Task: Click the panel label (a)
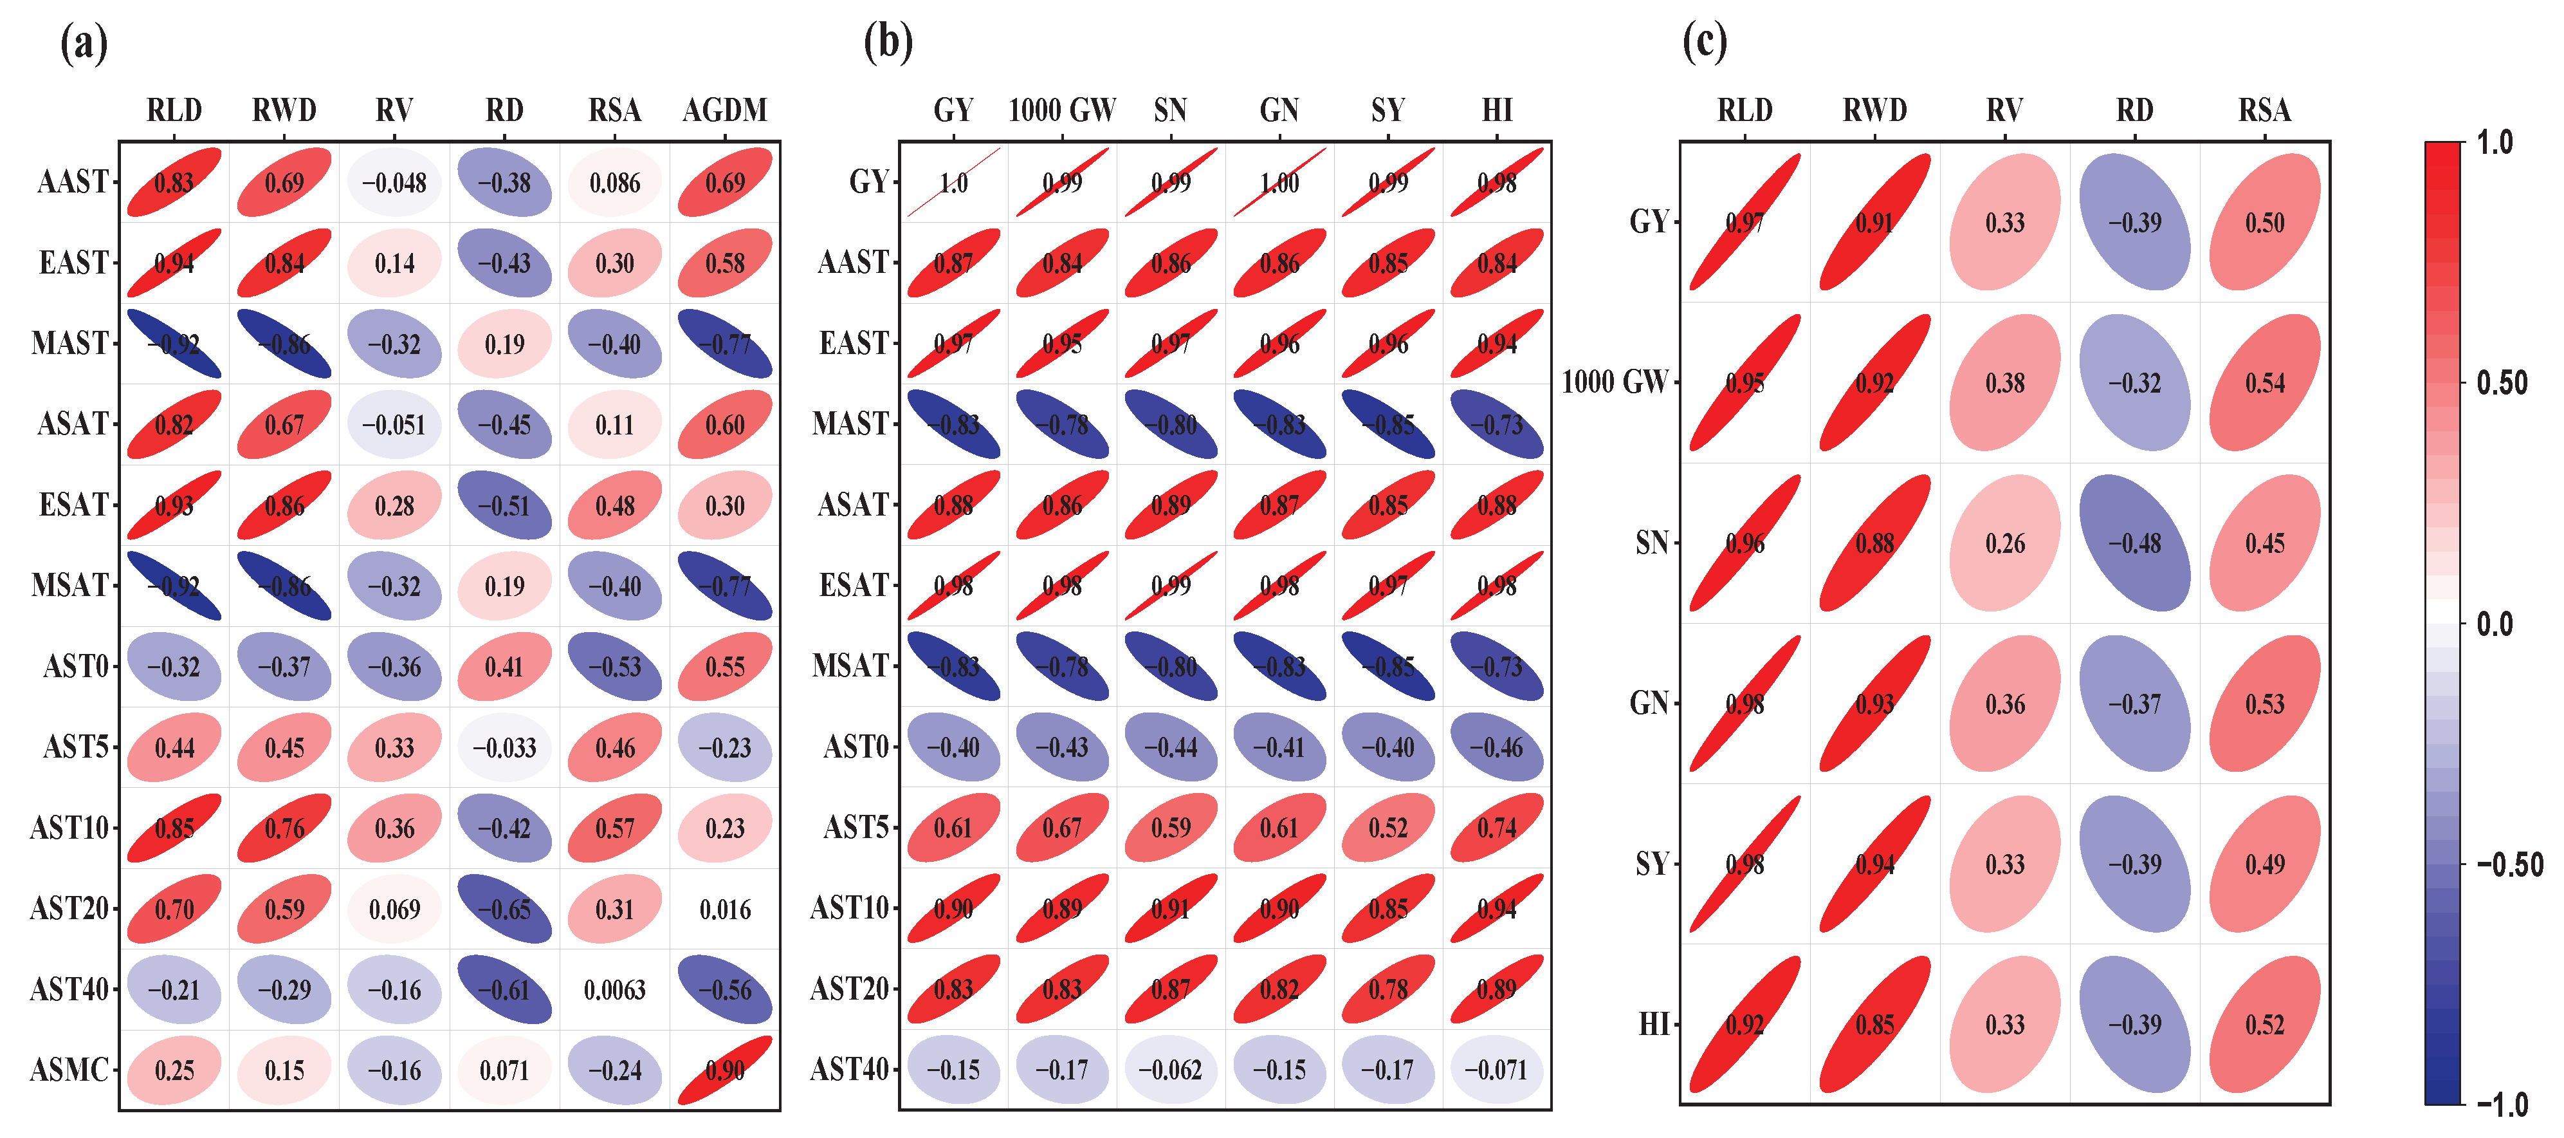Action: tap(84, 44)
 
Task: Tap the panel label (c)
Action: tap(1704, 44)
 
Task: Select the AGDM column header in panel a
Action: tap(724, 109)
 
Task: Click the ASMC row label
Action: tap(69, 1070)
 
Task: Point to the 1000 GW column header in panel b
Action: tap(1062, 109)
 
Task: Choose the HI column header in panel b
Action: tap(1497, 109)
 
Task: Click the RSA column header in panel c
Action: tap(2264, 109)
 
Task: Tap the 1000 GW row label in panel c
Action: tap(1615, 382)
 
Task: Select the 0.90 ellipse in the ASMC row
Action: tap(724, 1070)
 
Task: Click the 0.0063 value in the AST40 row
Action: tap(614, 990)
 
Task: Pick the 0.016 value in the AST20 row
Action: tap(724, 909)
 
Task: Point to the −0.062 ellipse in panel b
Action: tap(1171, 1070)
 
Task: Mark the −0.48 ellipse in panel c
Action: tap(2135, 544)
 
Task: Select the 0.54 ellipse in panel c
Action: tap(2264, 382)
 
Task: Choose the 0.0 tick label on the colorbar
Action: tap(2495, 624)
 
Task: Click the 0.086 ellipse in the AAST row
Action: tap(614, 182)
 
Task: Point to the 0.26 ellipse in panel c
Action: tap(2004, 544)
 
